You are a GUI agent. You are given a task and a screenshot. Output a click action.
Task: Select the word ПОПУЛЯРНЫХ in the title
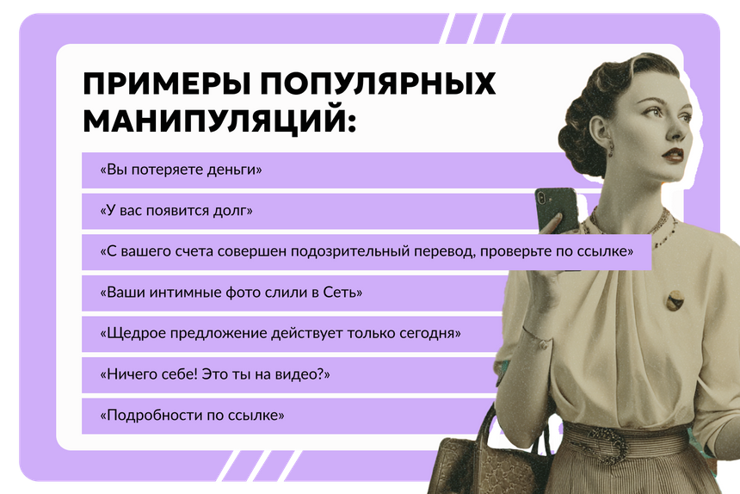point(378,83)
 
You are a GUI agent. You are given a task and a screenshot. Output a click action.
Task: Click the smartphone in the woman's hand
point(556,210)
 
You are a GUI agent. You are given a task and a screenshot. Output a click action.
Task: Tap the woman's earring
point(611,149)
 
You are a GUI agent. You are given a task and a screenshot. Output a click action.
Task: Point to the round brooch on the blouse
point(675,299)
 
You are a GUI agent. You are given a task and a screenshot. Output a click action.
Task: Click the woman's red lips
point(673,154)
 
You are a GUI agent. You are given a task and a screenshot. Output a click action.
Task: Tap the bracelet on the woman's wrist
point(538,337)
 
